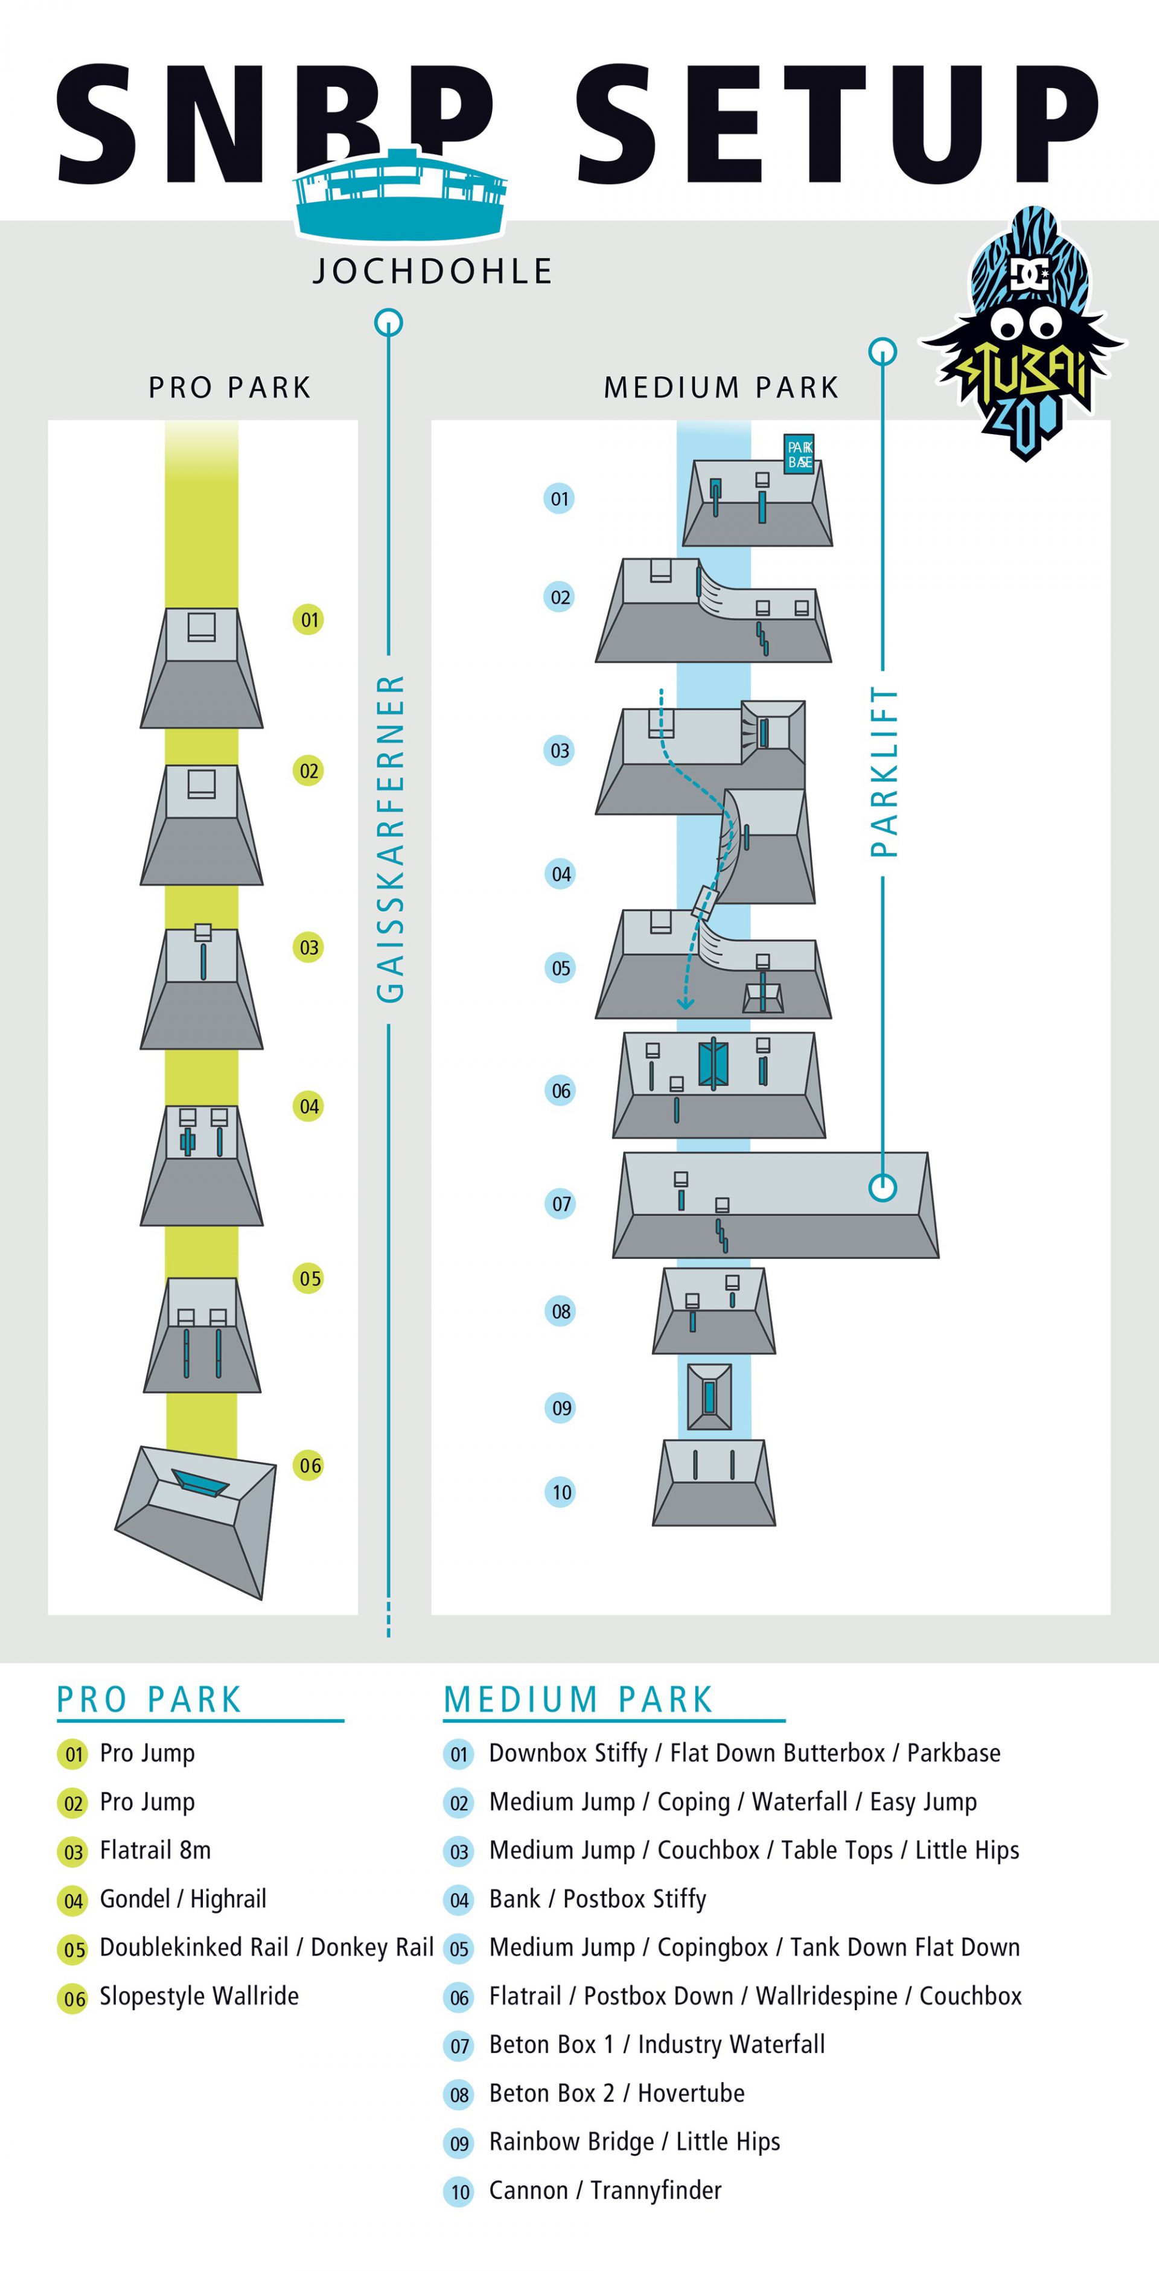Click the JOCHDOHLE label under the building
pos(433,271)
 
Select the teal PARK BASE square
pos(799,454)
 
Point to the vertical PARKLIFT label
pos(883,772)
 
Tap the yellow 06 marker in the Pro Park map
pos(308,1465)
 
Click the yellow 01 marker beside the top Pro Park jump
pos(308,620)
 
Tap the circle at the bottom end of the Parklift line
pos(883,1188)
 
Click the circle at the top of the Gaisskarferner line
pos(389,322)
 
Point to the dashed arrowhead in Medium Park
pos(685,1002)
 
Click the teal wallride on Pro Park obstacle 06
pos(200,1484)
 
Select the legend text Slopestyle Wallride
pos(199,1996)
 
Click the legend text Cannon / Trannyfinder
pos(605,2190)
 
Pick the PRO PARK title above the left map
pos(230,387)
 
